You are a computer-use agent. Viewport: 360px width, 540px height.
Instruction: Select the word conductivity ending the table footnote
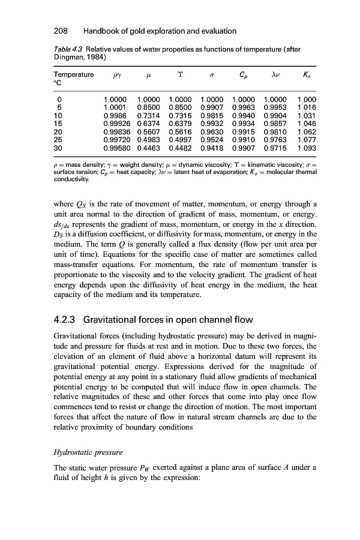62,178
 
